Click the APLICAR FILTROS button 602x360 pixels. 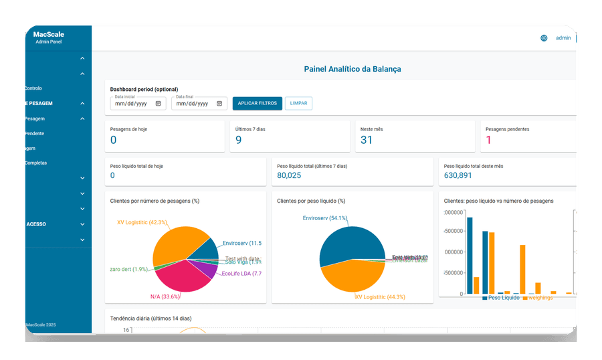pos(257,103)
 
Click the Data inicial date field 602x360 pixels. pos(138,104)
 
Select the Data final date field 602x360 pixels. pos(199,104)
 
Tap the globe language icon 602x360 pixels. pos(544,38)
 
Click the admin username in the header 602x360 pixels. pos(563,38)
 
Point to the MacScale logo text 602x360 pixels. pos(48,34)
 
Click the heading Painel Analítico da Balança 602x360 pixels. pos(352,69)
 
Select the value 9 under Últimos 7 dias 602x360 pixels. pos(239,140)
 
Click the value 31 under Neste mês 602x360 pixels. pos(366,140)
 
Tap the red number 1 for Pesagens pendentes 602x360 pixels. pos(488,140)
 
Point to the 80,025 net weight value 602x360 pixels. pos(289,175)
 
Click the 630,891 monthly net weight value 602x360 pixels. pos(458,175)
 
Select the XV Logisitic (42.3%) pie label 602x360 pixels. pos(142,222)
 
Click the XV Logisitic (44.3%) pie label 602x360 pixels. pos(381,296)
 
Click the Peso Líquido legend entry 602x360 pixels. pos(503,297)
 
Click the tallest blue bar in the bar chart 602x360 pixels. pos(470,255)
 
